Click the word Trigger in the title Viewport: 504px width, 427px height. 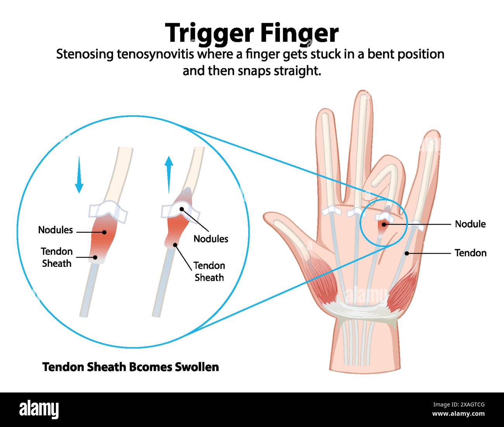(210, 33)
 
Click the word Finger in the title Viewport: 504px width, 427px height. (299, 33)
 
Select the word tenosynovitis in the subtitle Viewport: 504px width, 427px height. (155, 55)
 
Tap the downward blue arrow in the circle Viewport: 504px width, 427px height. (79, 175)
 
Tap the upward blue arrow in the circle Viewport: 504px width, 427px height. (169, 175)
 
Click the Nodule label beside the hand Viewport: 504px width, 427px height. (470, 224)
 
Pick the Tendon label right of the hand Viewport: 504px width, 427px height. (471, 253)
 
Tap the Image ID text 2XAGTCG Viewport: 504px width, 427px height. (473, 405)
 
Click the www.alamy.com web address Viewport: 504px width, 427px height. (458, 413)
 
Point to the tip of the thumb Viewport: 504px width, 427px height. (266, 216)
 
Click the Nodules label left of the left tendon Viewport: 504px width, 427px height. (55, 230)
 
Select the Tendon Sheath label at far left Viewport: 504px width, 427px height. (57, 257)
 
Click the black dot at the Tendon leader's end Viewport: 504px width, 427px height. (407, 253)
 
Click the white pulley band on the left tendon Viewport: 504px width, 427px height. (107, 212)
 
